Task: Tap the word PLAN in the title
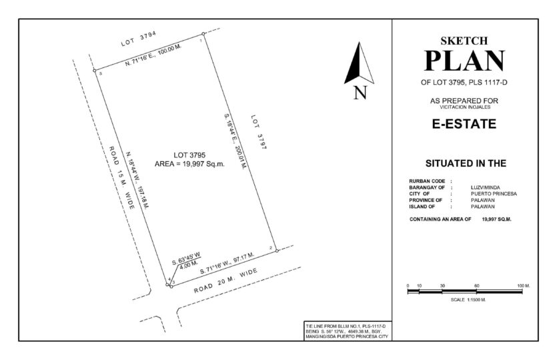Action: click(464, 61)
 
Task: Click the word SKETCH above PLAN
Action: click(464, 41)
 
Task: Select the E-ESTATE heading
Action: click(464, 124)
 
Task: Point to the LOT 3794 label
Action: click(139, 39)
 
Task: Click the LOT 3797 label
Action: click(259, 132)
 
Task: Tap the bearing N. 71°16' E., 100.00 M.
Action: click(153, 56)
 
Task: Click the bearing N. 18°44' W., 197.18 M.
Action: click(138, 180)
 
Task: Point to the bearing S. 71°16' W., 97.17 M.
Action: click(227, 263)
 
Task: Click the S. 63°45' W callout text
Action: click(186, 258)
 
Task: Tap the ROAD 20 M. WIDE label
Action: click(225, 281)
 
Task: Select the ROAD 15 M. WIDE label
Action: click(121, 177)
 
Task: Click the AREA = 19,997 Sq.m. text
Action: click(189, 164)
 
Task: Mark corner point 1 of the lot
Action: click(203, 34)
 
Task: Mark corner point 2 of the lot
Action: click(277, 251)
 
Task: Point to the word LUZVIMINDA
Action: click(485, 187)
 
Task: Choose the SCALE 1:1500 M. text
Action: click(468, 299)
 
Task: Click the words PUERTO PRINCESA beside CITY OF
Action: click(494, 194)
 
